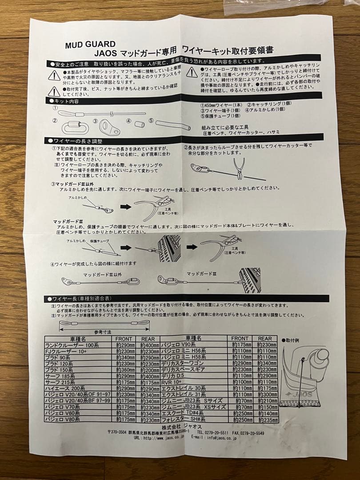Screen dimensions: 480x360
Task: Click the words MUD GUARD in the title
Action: point(90,44)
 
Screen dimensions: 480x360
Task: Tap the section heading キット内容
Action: point(67,101)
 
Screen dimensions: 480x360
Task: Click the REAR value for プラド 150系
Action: point(148,370)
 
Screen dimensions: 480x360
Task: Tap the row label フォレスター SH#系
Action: point(191,420)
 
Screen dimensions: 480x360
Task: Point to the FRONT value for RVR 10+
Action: point(240,382)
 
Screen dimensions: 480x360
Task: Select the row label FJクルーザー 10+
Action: point(67,351)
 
